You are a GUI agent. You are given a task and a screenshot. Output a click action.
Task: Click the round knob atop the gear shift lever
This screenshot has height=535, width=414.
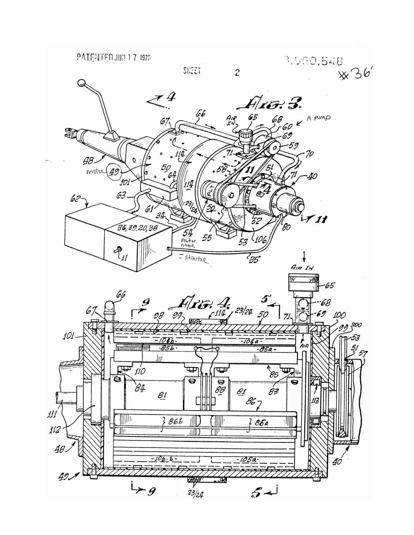click(82, 83)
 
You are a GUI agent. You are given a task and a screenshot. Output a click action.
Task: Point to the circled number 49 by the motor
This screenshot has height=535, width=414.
click(114, 173)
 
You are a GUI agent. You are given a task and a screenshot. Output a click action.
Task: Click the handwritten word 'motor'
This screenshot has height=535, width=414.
click(96, 172)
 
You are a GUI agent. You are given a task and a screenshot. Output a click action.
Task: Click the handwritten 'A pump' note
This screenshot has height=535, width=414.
click(318, 118)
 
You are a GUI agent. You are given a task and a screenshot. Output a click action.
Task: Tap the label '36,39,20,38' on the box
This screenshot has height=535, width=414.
click(133, 228)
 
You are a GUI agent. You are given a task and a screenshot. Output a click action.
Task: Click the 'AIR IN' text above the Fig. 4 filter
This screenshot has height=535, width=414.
click(302, 267)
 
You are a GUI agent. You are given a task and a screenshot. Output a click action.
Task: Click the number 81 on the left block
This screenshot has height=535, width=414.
click(162, 395)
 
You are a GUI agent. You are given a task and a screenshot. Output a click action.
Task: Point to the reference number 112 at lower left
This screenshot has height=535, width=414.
click(55, 429)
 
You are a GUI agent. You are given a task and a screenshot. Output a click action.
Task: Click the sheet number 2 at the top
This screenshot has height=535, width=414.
click(237, 72)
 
